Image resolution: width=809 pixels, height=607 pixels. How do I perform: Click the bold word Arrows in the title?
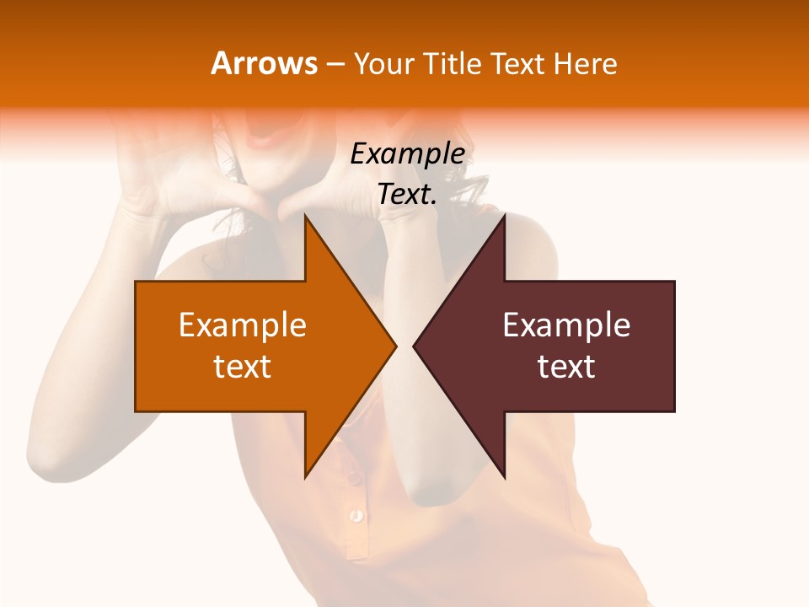click(x=264, y=63)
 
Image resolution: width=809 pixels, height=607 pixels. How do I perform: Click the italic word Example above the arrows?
click(x=407, y=153)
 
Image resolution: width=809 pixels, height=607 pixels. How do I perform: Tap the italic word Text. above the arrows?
click(x=407, y=195)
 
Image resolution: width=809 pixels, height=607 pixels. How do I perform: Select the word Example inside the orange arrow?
click(x=243, y=325)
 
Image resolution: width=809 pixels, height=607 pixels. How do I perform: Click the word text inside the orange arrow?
click(x=243, y=367)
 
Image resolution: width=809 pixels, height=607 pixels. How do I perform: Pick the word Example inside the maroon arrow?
click(x=566, y=325)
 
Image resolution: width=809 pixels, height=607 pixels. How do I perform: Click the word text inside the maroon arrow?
click(x=566, y=367)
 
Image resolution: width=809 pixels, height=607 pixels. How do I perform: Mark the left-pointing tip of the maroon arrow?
click(x=415, y=346)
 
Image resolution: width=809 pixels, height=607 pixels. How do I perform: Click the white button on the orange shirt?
click(x=356, y=513)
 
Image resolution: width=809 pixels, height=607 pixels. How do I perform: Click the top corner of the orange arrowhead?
click(x=305, y=216)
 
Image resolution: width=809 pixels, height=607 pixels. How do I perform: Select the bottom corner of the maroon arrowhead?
click(x=504, y=477)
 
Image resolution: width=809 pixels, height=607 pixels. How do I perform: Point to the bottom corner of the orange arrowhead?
click(x=305, y=477)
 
